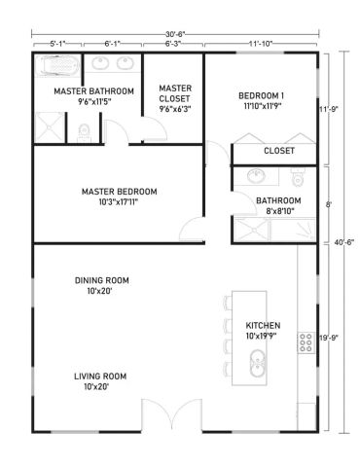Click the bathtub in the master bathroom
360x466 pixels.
click(x=57, y=66)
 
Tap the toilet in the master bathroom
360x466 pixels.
click(x=84, y=133)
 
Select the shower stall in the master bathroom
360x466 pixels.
click(x=50, y=127)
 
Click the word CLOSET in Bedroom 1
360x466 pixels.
click(x=279, y=151)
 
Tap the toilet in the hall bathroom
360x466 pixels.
click(x=297, y=178)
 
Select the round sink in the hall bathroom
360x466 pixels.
click(x=256, y=176)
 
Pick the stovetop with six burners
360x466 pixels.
click(x=306, y=342)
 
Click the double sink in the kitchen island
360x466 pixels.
click(x=258, y=363)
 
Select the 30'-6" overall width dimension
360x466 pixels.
click(x=175, y=34)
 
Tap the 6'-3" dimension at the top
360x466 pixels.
click(x=173, y=44)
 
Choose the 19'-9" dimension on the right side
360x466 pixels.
click(x=329, y=338)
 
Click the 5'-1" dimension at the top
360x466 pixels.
click(x=57, y=44)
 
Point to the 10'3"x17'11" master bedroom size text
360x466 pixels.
click(x=119, y=202)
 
